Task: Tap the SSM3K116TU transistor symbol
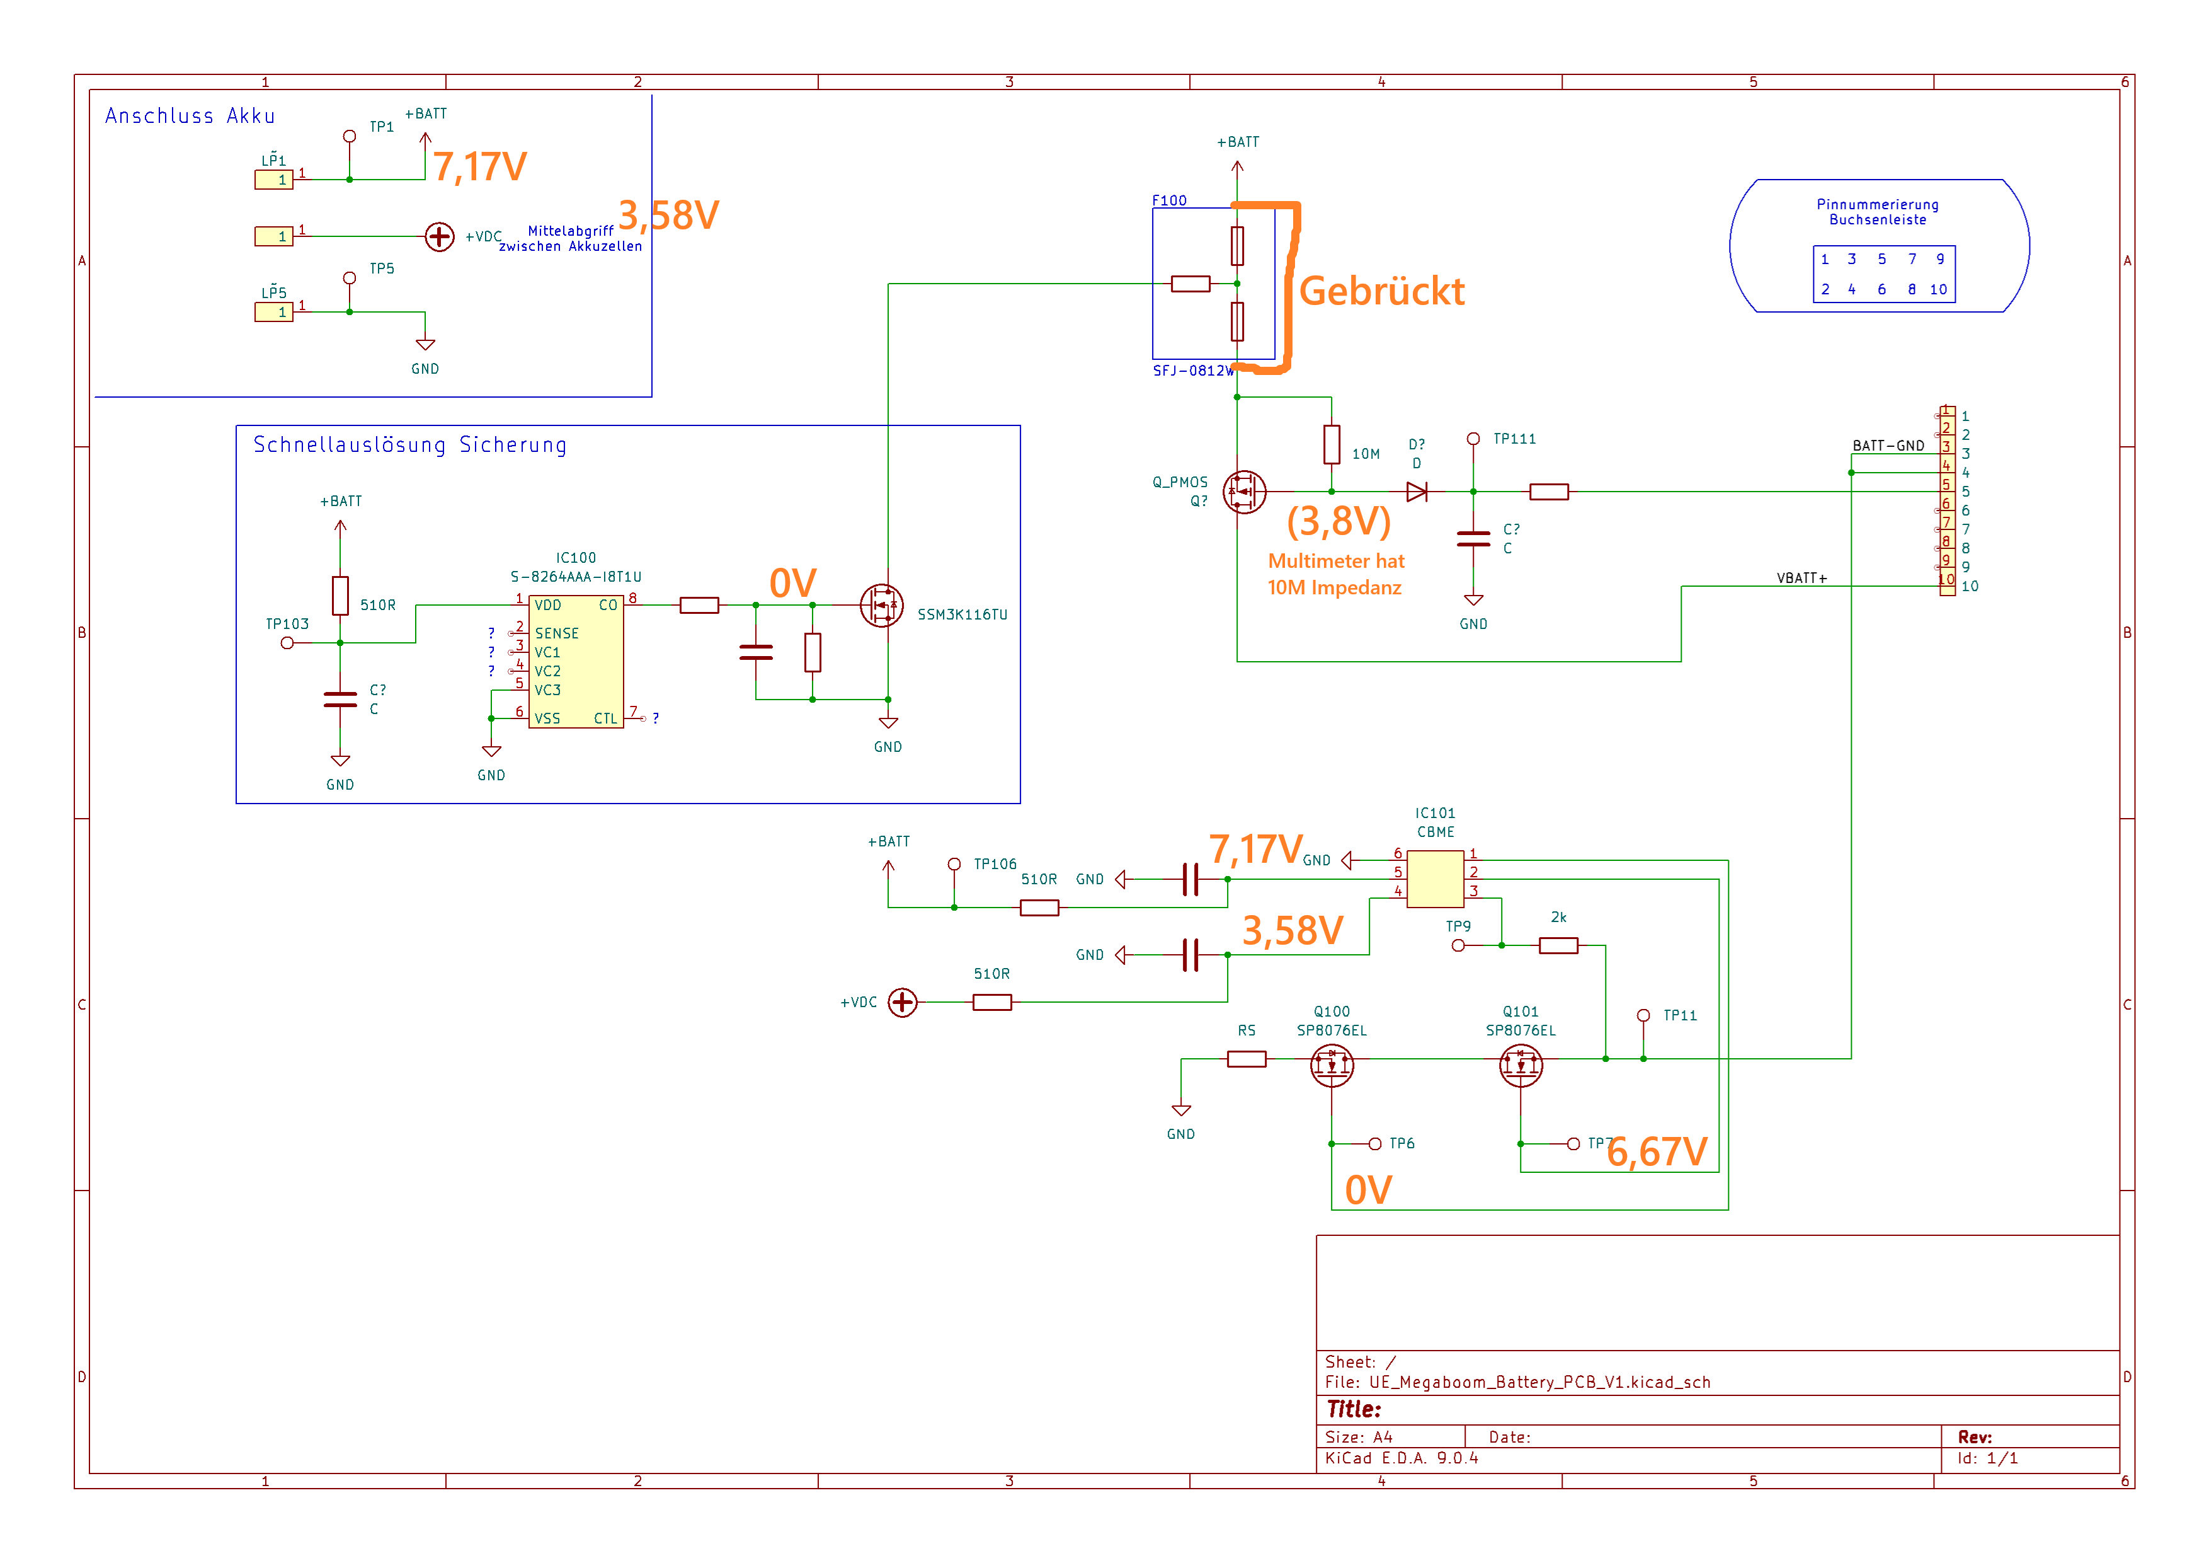coord(881,606)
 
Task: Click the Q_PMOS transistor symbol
coord(1244,492)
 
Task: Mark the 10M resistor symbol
coord(1332,445)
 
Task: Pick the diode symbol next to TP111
coord(1416,492)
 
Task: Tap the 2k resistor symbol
coord(1558,946)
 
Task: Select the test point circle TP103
coord(287,643)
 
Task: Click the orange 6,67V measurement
coord(1657,1152)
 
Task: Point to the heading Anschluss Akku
coord(190,115)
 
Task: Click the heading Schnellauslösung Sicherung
coord(410,445)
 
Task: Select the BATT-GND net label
coord(1888,446)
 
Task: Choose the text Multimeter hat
coord(1335,560)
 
